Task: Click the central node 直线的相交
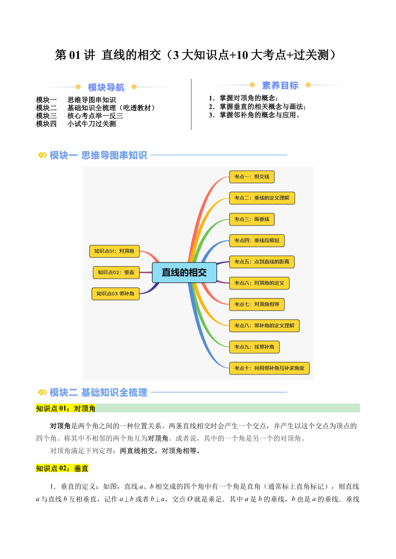[x=184, y=272]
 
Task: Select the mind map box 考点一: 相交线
[x=252, y=177]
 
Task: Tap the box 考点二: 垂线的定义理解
[x=262, y=198]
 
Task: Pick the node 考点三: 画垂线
[x=252, y=219]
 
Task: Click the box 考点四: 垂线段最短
[x=257, y=241]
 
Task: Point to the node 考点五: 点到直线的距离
[x=262, y=262]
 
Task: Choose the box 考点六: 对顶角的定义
[x=259, y=283]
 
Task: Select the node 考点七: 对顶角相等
[x=257, y=304]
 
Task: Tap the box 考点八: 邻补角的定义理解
[x=265, y=326]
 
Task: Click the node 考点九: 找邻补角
[x=254, y=347]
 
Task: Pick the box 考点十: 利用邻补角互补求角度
[x=270, y=368]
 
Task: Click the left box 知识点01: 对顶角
[x=115, y=251]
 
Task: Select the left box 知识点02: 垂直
[x=116, y=272]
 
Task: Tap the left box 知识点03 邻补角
[x=116, y=294]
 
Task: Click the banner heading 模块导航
[x=106, y=87]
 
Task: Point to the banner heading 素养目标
[x=280, y=85]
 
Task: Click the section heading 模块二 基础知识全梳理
[x=98, y=392]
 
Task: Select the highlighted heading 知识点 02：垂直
[x=62, y=468]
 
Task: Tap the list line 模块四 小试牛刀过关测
[x=76, y=124]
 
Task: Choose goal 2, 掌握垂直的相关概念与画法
[x=258, y=106]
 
